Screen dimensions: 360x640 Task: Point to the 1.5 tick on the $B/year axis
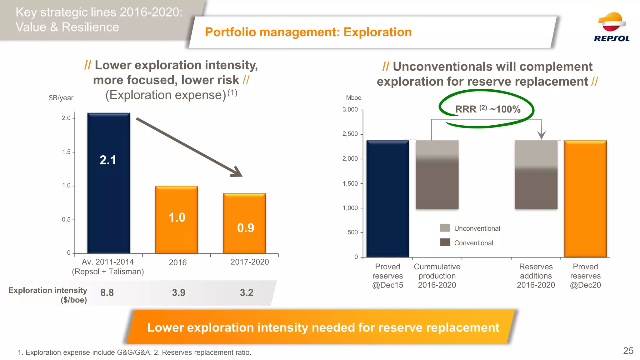(66, 152)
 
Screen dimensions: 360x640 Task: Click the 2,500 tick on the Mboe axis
(350, 134)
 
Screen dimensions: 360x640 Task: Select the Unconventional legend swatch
(445, 228)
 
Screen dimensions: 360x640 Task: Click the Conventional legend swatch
(445, 242)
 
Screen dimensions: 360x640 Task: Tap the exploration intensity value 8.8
(107, 292)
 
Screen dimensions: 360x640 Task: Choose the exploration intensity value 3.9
(178, 292)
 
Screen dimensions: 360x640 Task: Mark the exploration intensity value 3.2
(247, 292)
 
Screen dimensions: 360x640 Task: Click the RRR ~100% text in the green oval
(487, 109)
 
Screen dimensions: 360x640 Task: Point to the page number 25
(628, 351)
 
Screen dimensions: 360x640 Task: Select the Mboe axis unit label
(353, 98)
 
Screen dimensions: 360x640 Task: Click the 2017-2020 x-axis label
(250, 262)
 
